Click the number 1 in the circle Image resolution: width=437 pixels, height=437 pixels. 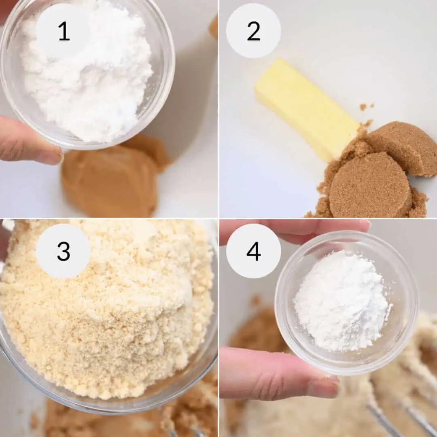click(x=64, y=31)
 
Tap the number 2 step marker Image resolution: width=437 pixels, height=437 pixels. click(x=253, y=31)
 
